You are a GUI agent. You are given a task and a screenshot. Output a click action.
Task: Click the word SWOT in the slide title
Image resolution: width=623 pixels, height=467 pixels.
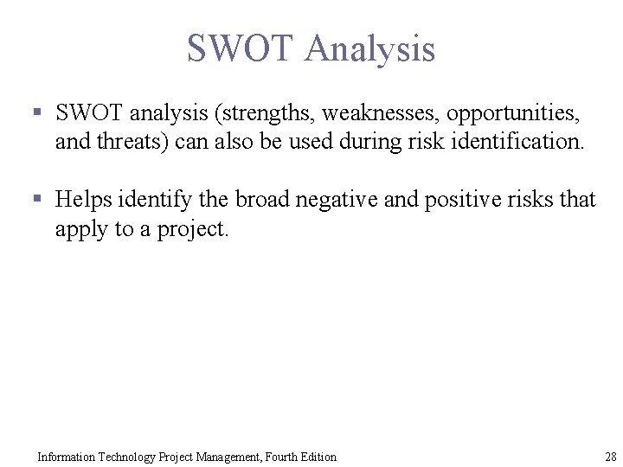point(239,48)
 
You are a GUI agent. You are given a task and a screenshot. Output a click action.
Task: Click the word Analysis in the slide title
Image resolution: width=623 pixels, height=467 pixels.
point(369,48)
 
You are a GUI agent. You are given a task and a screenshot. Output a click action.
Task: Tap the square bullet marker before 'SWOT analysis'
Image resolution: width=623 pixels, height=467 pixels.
point(37,112)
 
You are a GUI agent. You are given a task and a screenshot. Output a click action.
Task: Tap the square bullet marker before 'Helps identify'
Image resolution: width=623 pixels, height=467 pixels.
point(37,200)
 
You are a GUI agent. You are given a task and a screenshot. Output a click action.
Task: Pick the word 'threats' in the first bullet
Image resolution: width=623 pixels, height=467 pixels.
point(138,142)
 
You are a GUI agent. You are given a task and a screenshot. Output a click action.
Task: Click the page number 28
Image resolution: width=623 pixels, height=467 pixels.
point(610,457)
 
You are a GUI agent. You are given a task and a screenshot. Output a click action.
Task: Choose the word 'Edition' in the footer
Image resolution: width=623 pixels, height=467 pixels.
point(316,457)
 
